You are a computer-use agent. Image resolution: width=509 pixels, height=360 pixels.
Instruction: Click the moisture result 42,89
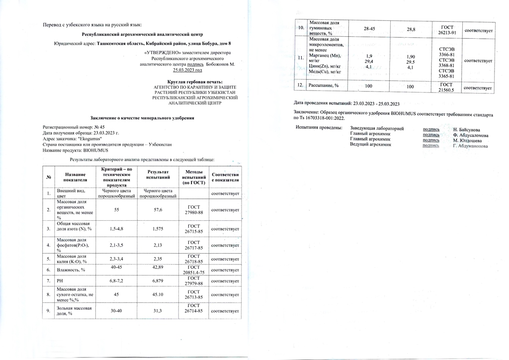(x=159, y=270)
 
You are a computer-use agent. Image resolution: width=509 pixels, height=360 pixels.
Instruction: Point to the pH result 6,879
(x=159, y=281)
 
